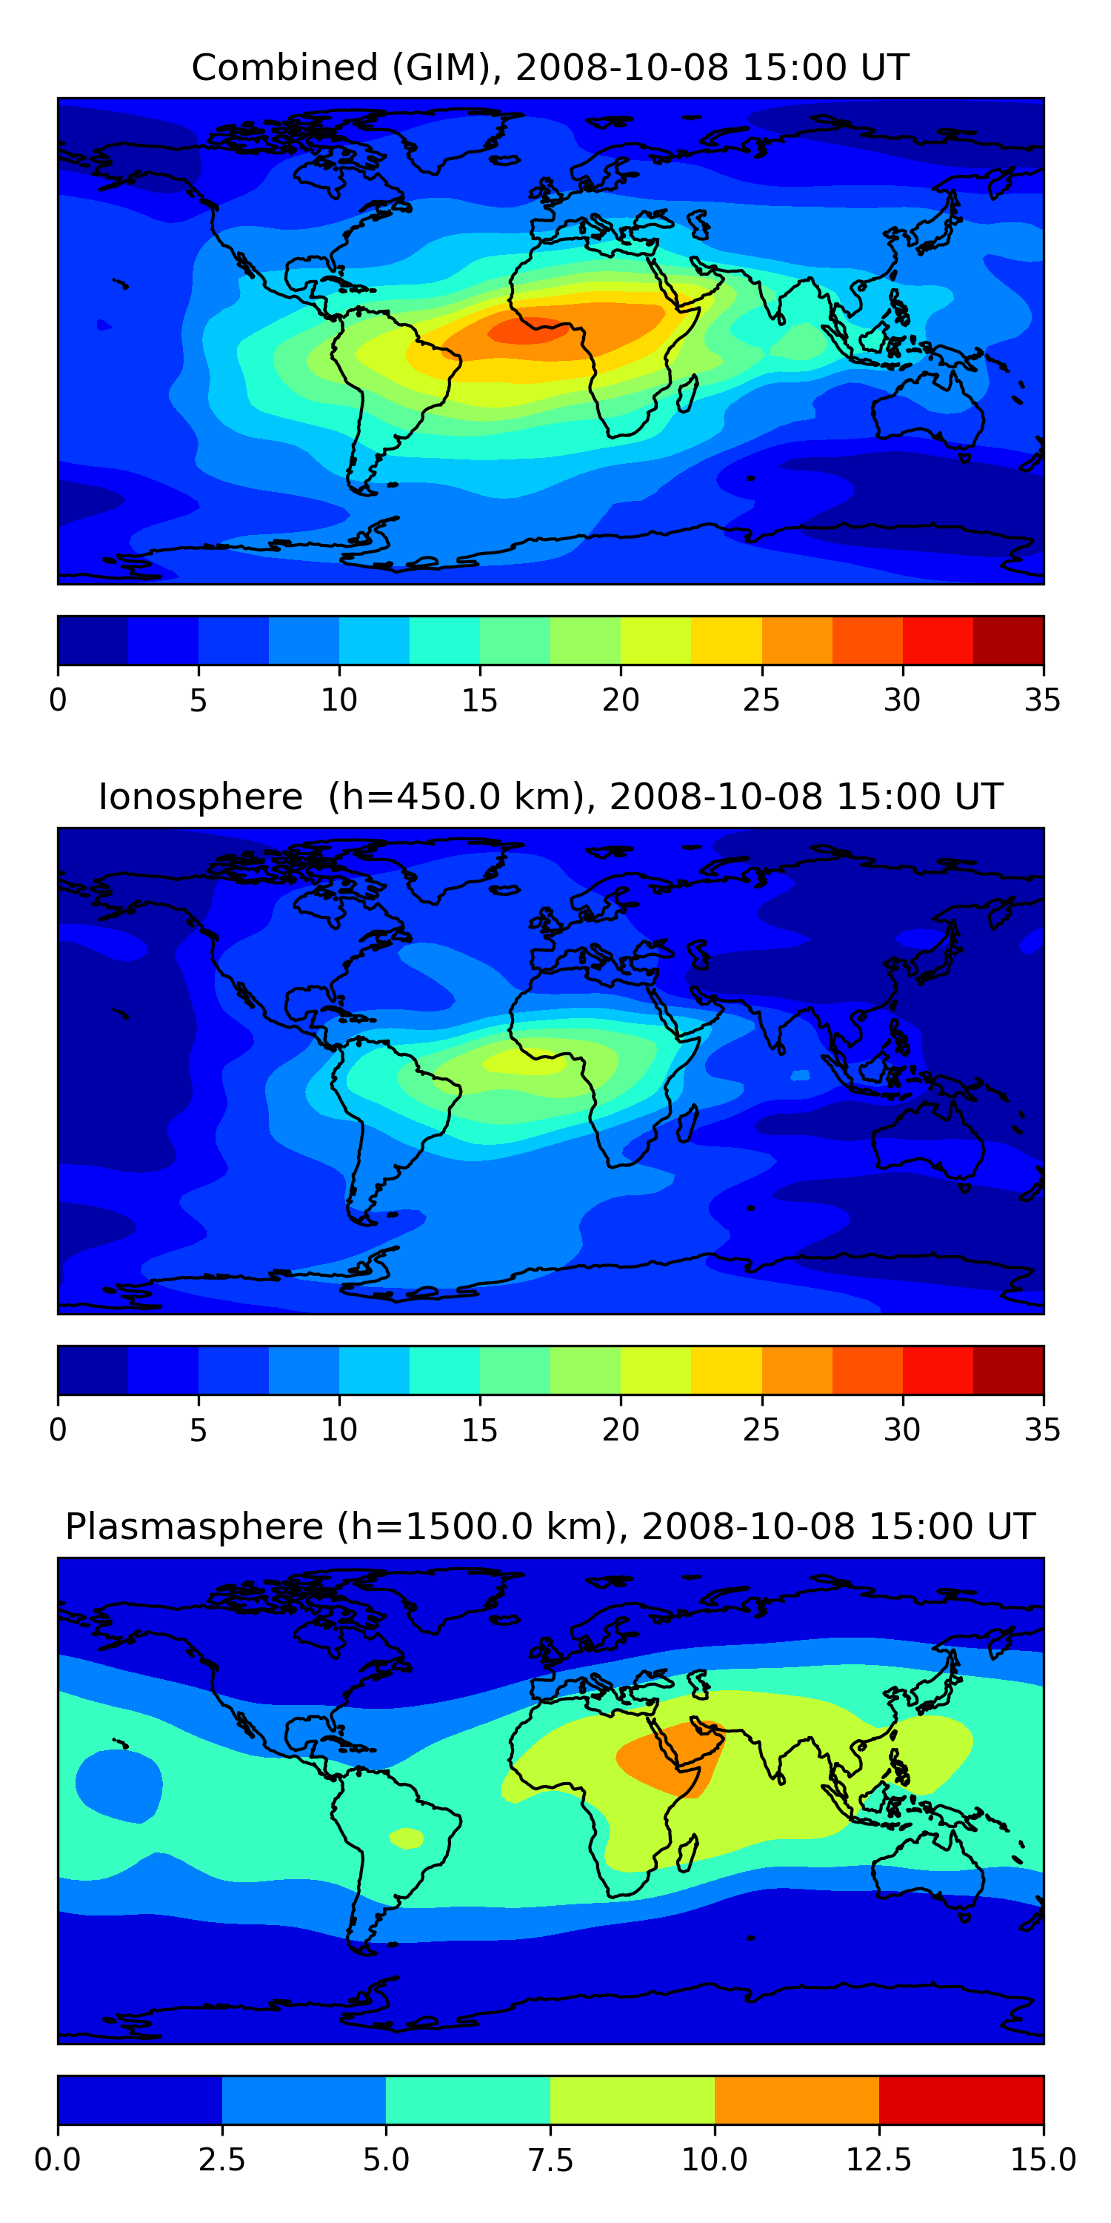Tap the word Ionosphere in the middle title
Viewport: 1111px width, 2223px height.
pos(200,797)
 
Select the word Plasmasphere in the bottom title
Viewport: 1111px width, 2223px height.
pos(194,1527)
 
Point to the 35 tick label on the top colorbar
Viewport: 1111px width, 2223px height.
pos(1042,700)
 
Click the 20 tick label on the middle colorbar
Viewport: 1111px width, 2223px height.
pos(620,1430)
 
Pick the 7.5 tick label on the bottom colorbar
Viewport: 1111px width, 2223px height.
pos(550,2160)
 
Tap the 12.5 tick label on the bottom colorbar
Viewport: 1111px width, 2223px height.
pos(878,2160)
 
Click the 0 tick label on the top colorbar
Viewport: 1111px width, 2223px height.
pos(58,700)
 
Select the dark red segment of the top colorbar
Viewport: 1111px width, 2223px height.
pos(1007,640)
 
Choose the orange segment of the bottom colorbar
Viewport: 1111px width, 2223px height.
pos(796,2099)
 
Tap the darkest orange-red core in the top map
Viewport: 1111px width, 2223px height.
pos(524,330)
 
